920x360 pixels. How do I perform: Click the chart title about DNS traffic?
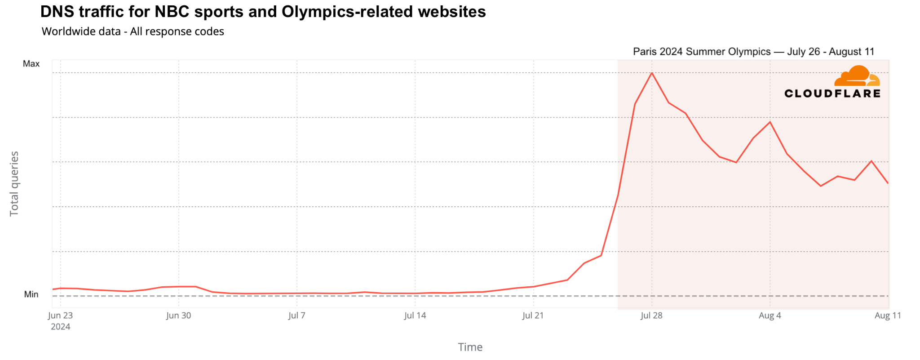tap(263, 12)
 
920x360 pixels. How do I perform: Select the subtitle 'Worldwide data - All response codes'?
tap(133, 31)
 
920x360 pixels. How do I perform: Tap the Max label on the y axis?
tap(31, 64)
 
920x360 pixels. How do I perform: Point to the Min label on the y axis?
tap(31, 294)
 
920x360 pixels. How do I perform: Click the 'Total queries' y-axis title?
tap(14, 183)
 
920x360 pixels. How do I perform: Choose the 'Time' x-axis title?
tap(470, 347)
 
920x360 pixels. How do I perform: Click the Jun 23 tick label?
tap(60, 316)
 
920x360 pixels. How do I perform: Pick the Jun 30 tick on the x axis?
tap(178, 316)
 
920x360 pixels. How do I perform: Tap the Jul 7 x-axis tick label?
tap(296, 316)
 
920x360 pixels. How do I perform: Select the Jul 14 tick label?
tap(415, 316)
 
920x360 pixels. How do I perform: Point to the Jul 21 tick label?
tap(533, 316)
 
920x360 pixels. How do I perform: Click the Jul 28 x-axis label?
tap(651, 316)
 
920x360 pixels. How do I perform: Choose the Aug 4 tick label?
tap(770, 316)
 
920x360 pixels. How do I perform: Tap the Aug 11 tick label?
tap(888, 316)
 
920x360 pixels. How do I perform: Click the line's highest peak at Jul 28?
tap(651, 73)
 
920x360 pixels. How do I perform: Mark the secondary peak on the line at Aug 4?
tap(770, 122)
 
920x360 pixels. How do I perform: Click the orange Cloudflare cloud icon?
tap(857, 76)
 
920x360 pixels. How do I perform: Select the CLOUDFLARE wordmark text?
tap(832, 93)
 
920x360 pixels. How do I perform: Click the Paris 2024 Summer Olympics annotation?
tap(753, 52)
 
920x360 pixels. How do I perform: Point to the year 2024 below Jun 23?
tap(60, 327)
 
